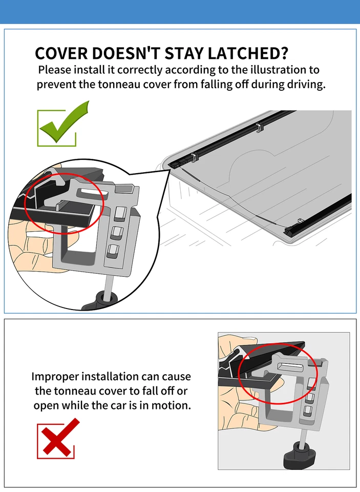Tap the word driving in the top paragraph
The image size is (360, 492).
pos(305,85)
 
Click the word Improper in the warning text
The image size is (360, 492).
pos(55,377)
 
